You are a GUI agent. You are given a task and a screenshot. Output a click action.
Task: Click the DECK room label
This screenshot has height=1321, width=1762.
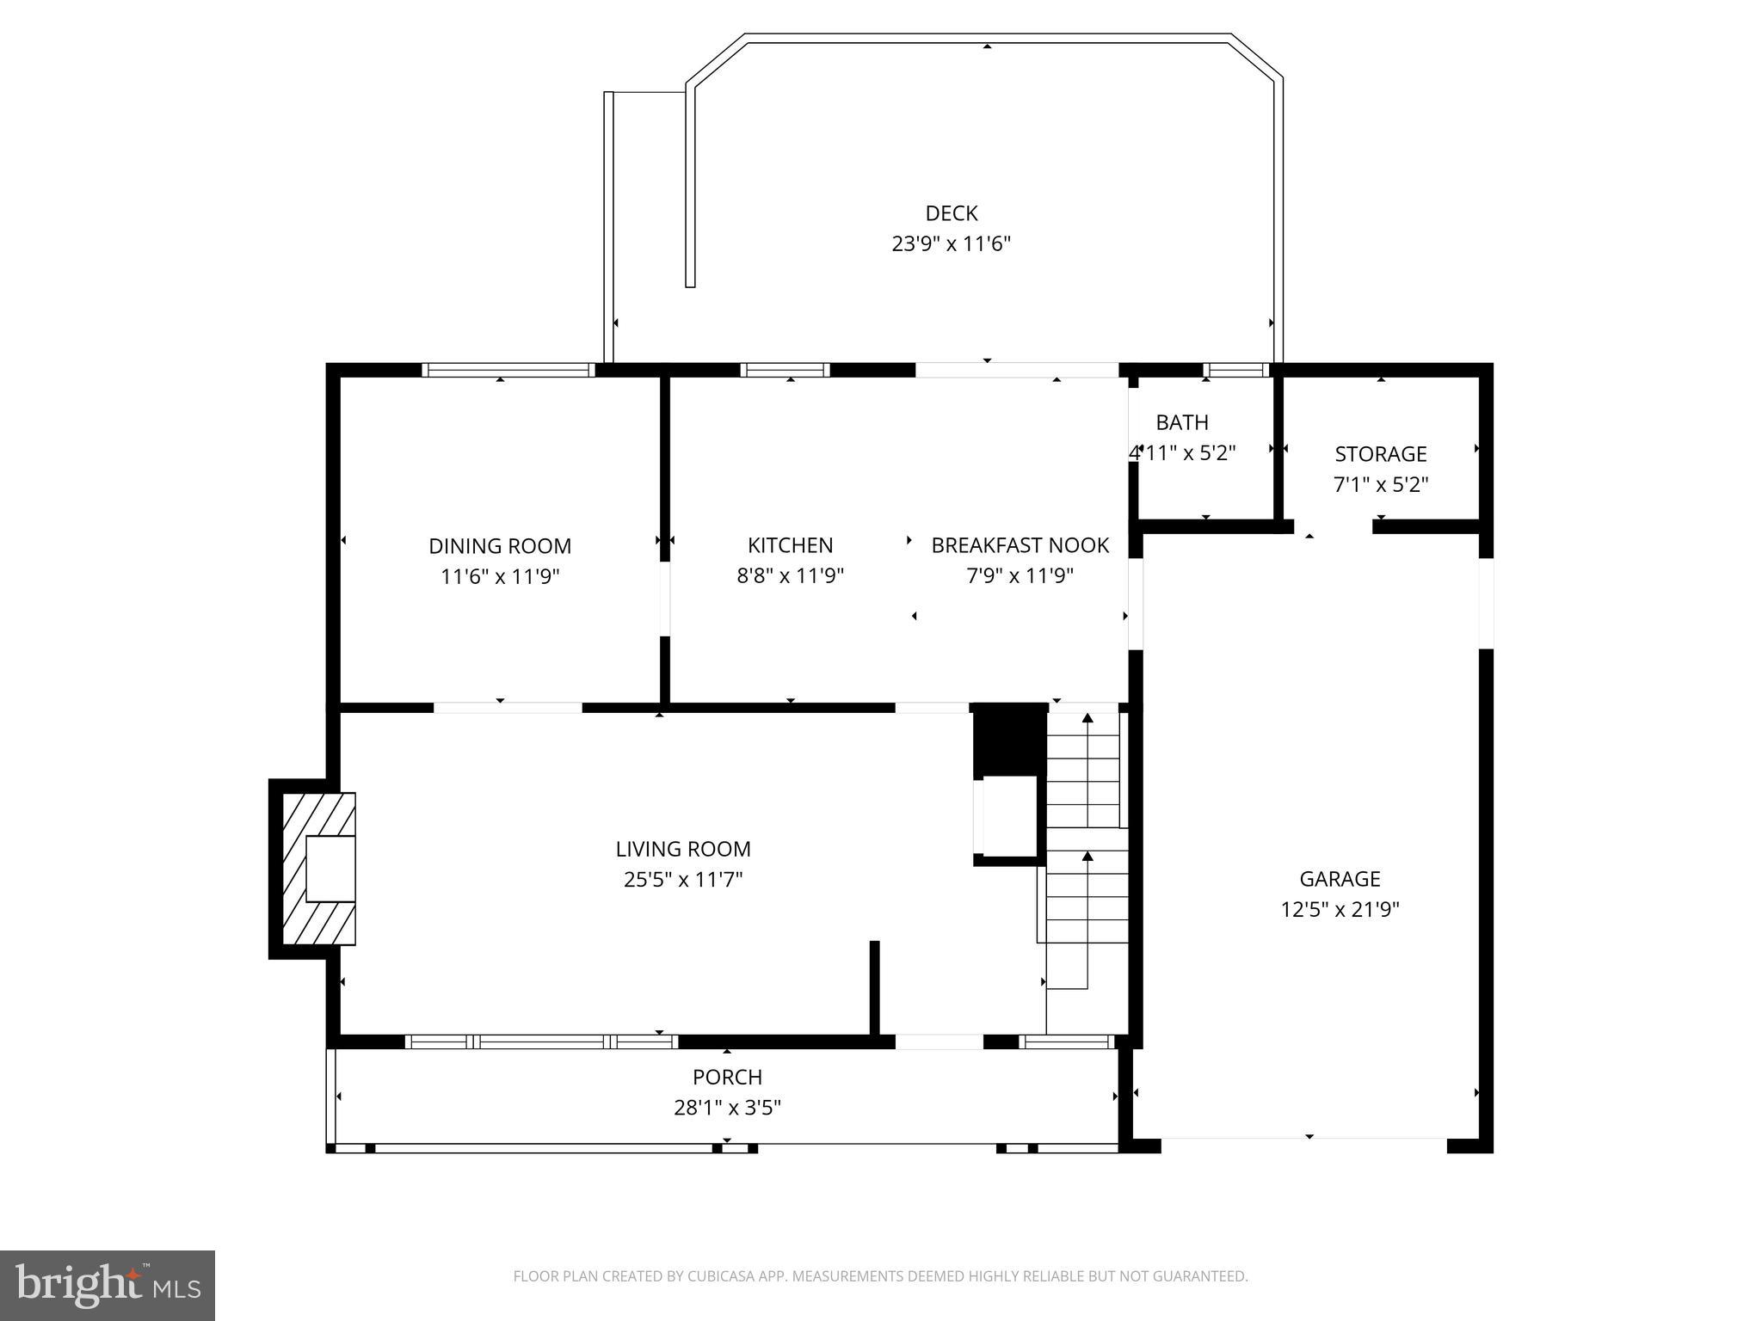click(951, 213)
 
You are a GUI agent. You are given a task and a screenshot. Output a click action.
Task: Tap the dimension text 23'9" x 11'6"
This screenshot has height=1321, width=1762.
click(951, 244)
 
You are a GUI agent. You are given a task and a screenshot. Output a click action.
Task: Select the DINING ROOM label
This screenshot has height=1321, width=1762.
click(500, 546)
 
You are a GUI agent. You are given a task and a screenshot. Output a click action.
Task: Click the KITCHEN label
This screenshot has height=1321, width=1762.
click(790, 545)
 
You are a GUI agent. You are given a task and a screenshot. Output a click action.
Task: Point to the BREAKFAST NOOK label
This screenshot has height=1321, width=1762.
click(1020, 545)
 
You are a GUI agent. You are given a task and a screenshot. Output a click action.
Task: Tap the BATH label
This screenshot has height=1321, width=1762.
click(1181, 422)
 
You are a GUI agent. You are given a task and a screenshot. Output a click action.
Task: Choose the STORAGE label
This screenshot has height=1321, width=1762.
click(1380, 454)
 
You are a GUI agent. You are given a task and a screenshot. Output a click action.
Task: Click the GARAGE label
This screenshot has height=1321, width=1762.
click(1340, 879)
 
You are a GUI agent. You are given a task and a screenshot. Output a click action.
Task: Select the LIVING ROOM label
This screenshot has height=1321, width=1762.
click(683, 850)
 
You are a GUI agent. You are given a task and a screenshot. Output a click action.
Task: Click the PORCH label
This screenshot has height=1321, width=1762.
click(727, 1077)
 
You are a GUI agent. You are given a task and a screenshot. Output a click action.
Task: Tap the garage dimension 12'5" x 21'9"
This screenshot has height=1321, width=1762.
click(1340, 910)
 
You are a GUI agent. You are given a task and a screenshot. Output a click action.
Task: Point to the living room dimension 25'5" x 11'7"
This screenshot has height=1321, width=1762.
click(683, 880)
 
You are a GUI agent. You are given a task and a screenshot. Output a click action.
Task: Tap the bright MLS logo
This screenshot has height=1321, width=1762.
click(108, 1286)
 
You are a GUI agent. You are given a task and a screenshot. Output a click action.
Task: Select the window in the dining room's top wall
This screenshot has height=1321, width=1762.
click(508, 371)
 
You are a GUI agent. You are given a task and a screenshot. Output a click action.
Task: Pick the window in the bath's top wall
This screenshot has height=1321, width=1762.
click(1235, 371)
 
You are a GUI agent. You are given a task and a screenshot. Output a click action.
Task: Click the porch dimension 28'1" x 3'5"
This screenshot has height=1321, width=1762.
click(727, 1108)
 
